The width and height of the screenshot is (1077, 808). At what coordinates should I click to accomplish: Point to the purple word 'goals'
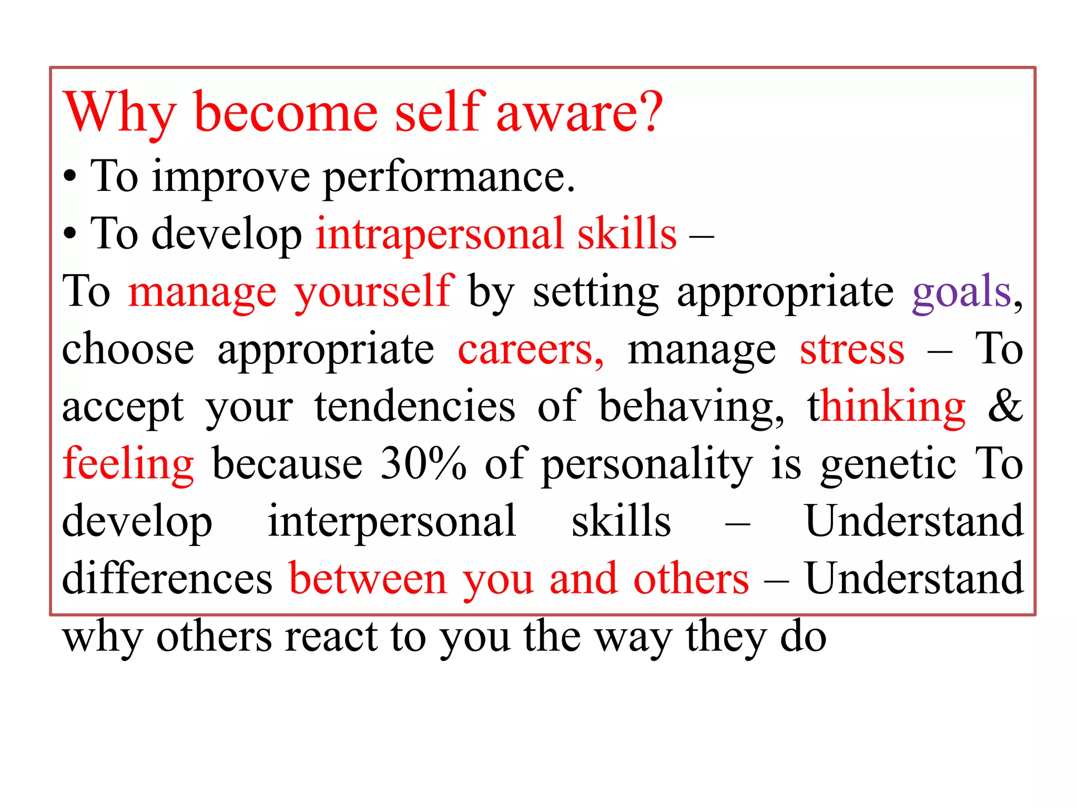point(961,292)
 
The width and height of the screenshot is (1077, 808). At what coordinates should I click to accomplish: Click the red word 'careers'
point(530,350)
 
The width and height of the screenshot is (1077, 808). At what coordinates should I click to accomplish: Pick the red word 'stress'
point(852,350)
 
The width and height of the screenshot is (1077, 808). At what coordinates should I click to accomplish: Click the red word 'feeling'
point(128,465)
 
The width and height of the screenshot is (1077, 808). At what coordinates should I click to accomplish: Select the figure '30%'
point(423,464)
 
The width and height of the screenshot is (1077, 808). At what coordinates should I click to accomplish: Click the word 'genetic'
point(888,465)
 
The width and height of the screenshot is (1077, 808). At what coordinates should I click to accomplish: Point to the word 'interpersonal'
point(392,522)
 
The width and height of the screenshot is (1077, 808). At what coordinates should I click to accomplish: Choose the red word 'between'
point(368,579)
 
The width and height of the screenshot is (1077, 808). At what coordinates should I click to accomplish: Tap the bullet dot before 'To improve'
point(70,178)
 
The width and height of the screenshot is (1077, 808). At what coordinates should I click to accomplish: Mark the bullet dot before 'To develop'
point(70,235)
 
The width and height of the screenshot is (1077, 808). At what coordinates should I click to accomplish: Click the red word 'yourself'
point(374,292)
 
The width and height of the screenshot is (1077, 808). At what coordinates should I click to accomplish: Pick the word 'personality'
point(647,465)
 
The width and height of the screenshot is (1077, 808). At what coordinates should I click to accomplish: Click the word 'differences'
point(167,579)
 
